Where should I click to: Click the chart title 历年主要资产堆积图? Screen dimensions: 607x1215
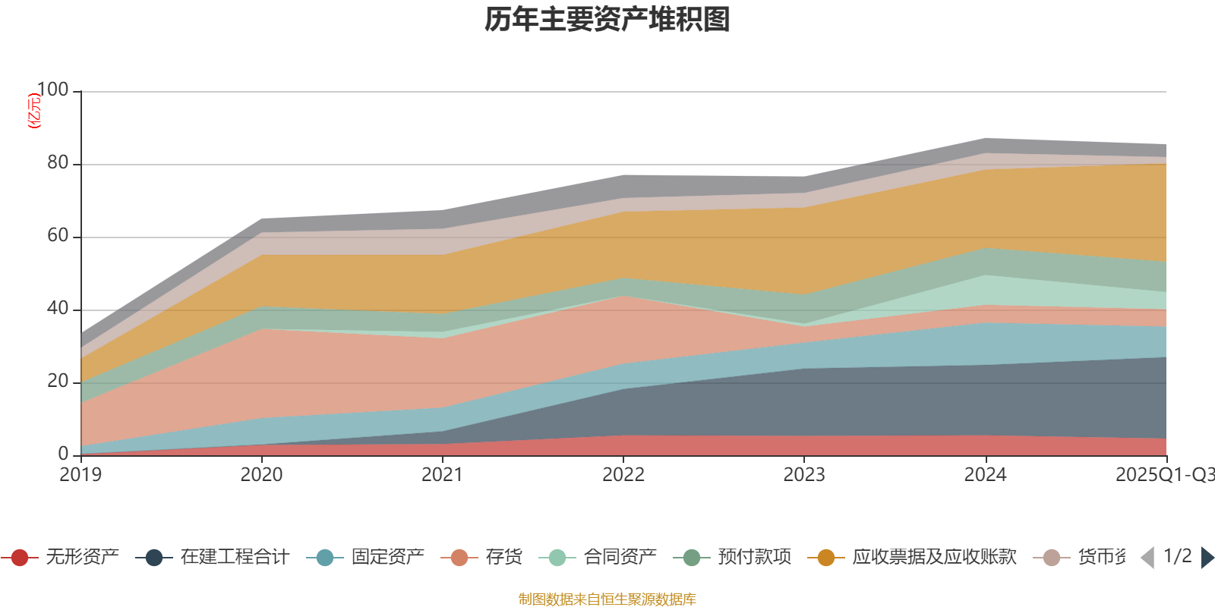coord(607,20)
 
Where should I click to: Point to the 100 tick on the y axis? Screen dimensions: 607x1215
coord(52,90)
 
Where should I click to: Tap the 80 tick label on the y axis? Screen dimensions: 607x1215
coord(58,163)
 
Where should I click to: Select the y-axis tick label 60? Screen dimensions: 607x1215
coord(58,236)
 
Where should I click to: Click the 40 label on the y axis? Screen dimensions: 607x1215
coord(58,309)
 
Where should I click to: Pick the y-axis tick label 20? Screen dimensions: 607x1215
coord(58,382)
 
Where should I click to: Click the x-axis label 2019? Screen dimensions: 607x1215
coord(80,475)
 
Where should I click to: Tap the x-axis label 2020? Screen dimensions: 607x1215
coord(261,475)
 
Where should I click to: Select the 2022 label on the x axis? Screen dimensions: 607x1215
coord(623,475)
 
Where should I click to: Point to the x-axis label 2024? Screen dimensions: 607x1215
coord(985,475)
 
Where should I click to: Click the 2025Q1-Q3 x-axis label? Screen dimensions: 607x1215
coord(1163,475)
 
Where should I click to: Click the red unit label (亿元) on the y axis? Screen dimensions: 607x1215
coord(34,111)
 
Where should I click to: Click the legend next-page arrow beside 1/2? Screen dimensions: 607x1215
coord(1207,558)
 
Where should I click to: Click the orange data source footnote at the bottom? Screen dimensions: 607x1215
coord(607,599)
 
